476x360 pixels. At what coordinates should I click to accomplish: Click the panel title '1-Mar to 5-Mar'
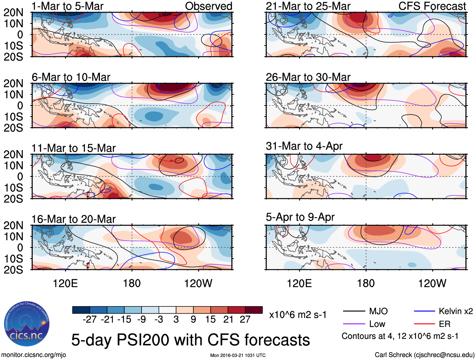pyautogui.click(x=67, y=6)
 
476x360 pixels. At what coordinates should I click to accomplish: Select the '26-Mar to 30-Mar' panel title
pyautogui.click(x=308, y=77)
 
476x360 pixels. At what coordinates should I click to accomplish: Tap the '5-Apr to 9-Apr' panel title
pyautogui.click(x=300, y=217)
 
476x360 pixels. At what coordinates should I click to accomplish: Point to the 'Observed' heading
pyautogui.click(x=208, y=6)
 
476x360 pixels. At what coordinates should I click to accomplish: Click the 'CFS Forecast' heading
pyautogui.click(x=432, y=6)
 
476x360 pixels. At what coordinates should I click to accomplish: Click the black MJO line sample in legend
pyautogui.click(x=354, y=311)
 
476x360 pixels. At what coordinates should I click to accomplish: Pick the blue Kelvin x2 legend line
pyautogui.click(x=424, y=311)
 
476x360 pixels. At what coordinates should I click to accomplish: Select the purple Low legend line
pyautogui.click(x=354, y=324)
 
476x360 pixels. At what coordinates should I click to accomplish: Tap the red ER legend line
pyautogui.click(x=424, y=324)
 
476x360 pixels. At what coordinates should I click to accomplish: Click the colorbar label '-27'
pyautogui.click(x=90, y=319)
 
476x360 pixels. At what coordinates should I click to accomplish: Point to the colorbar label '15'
pyautogui.click(x=210, y=319)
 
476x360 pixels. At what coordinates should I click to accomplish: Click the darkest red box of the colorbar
pyautogui.click(x=254, y=310)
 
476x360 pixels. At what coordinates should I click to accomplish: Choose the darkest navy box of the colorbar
pyautogui.click(x=81, y=310)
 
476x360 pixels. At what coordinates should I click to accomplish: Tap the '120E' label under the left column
pyautogui.click(x=65, y=283)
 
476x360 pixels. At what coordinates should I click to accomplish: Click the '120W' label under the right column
pyautogui.click(x=432, y=283)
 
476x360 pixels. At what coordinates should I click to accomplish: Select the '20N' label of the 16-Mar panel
pyautogui.click(x=13, y=225)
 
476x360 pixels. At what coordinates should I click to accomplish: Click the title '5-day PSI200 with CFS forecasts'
pyautogui.click(x=190, y=340)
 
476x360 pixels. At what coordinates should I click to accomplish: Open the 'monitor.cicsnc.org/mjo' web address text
pyautogui.click(x=34, y=355)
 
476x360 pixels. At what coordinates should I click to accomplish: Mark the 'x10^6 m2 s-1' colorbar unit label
pyautogui.click(x=298, y=315)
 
